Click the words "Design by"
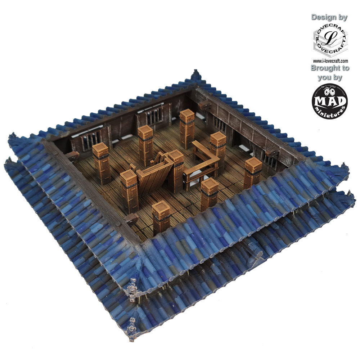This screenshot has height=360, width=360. [x=329, y=17]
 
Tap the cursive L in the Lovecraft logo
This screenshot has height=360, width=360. [x=330, y=38]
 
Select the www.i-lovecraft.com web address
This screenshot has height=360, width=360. [x=330, y=61]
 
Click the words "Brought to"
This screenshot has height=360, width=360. [x=330, y=68]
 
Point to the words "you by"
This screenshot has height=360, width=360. [x=330, y=78]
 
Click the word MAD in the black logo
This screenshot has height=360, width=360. [x=329, y=101]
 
